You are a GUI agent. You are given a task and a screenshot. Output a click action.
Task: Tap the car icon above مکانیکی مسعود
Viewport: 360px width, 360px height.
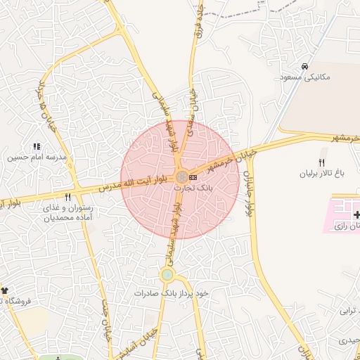[x=304, y=67]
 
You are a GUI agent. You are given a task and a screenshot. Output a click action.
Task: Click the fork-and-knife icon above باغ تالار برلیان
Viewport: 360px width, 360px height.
[x=322, y=162]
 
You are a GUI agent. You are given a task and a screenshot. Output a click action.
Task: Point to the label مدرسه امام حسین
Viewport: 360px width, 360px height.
[x=37, y=157]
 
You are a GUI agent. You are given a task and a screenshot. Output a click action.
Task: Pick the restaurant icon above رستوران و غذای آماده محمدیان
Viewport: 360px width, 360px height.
[x=67, y=198]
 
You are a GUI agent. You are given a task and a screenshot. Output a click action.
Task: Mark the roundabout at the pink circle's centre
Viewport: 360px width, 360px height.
[x=181, y=176]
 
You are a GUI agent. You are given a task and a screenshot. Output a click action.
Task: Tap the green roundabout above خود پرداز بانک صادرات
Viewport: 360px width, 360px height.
[x=167, y=275]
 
